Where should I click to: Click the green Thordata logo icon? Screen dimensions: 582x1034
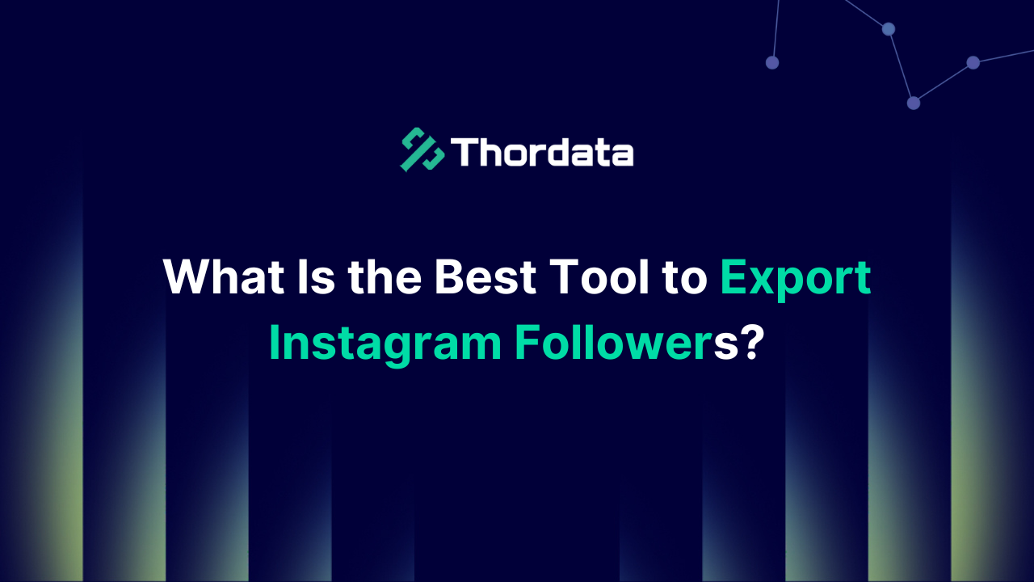point(422,150)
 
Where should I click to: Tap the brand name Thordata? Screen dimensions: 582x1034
point(541,151)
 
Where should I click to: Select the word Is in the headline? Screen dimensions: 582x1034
point(315,277)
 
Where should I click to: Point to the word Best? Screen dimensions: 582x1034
point(485,277)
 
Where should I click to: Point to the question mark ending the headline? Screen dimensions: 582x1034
point(753,343)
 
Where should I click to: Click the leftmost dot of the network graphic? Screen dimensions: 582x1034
point(772,62)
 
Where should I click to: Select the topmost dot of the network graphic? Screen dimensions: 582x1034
point(889,29)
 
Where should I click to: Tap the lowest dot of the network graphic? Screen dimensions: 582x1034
point(914,103)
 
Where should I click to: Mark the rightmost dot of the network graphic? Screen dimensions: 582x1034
point(973,62)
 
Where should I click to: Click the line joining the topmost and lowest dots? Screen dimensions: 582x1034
point(901,65)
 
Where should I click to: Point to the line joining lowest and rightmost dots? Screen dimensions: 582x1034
point(944,82)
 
